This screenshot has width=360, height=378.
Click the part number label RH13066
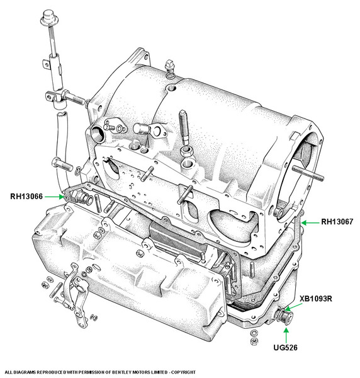(26, 197)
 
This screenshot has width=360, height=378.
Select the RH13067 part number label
(337, 222)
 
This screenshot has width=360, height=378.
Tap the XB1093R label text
(316, 299)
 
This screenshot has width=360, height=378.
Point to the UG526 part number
(285, 347)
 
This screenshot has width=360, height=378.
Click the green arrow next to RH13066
(55, 197)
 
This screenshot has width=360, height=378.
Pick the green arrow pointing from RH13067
(310, 223)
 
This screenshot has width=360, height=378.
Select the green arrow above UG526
(286, 335)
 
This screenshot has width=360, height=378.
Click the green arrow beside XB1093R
(293, 307)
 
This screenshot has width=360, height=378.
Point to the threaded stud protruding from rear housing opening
(308, 173)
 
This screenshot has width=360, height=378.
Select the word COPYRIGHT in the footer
(183, 372)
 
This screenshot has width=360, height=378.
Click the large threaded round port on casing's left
(98, 134)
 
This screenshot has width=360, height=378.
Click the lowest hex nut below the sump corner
(254, 341)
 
